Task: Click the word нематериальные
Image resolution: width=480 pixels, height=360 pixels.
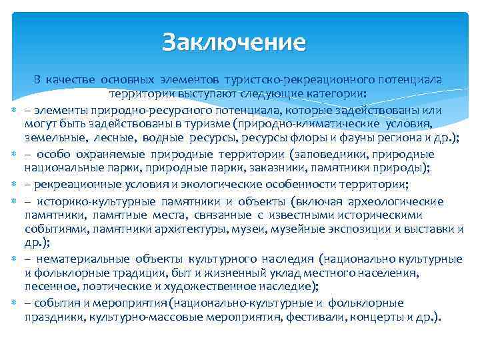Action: coord(83,258)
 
